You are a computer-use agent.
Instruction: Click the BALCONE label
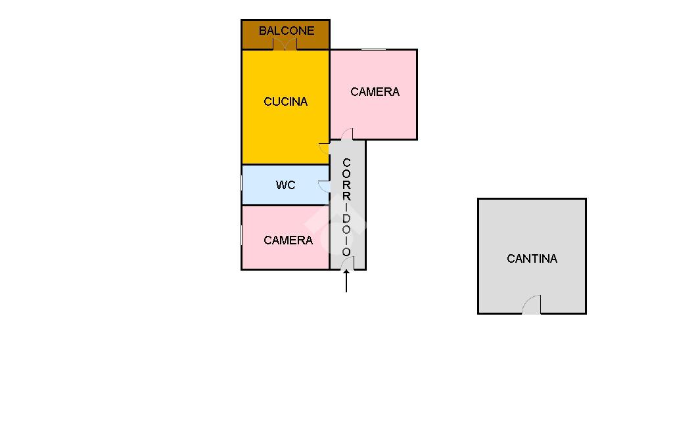pyautogui.click(x=286, y=31)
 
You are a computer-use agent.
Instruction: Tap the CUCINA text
pyautogui.click(x=285, y=102)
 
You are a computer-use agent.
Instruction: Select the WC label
pyautogui.click(x=285, y=185)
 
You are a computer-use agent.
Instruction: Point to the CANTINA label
pyautogui.click(x=532, y=259)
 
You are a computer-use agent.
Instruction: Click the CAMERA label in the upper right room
pyautogui.click(x=375, y=92)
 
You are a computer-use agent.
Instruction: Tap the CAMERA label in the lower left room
pyautogui.click(x=288, y=240)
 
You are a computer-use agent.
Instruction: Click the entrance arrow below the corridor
pyautogui.click(x=346, y=281)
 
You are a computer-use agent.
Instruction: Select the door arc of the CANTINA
pyautogui.click(x=531, y=305)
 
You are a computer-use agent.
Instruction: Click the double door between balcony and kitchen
pyautogui.click(x=285, y=45)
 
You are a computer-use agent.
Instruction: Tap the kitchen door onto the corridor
pyautogui.click(x=324, y=148)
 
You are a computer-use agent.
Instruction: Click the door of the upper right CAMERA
pyautogui.click(x=347, y=134)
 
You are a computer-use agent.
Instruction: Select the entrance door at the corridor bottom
pyautogui.click(x=347, y=263)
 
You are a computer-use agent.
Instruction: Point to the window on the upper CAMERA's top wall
pyautogui.click(x=373, y=50)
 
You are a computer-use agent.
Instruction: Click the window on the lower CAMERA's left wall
pyautogui.click(x=242, y=235)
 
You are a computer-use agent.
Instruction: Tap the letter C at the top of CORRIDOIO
pyautogui.click(x=346, y=163)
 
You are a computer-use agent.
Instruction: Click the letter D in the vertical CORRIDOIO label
pyautogui.click(x=346, y=218)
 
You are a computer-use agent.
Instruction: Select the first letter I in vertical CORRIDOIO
pyautogui.click(x=346, y=208)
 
